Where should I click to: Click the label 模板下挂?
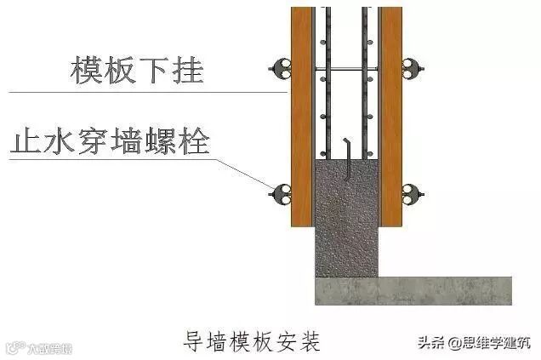[136, 69]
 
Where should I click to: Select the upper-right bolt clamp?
[413, 67]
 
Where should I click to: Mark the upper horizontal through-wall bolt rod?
[345, 67]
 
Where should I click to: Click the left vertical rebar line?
[327, 85]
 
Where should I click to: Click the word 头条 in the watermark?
[430, 342]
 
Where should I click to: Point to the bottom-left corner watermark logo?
[39, 347]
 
